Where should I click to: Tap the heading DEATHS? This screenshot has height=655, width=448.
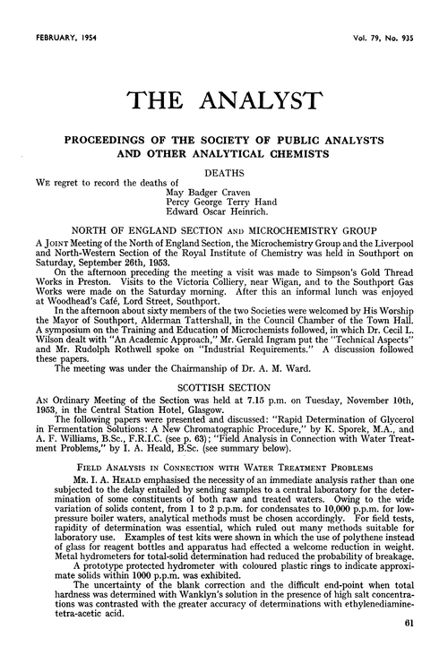tap(224, 168)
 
